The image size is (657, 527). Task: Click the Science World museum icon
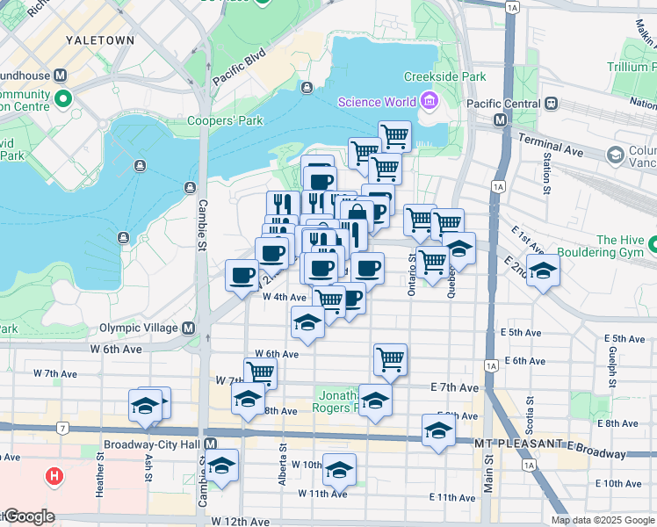pyautogui.click(x=430, y=102)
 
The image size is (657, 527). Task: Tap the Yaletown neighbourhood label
pyautogui.click(x=100, y=40)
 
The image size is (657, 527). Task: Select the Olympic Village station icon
pyautogui.click(x=188, y=328)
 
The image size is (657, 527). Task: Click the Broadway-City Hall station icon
pyautogui.click(x=210, y=444)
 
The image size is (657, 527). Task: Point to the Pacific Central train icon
pyautogui.click(x=552, y=103)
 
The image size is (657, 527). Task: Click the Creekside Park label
pyautogui.click(x=444, y=77)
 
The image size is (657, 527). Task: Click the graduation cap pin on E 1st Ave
pyautogui.click(x=544, y=271)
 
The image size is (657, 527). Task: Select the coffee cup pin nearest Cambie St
pyautogui.click(x=242, y=275)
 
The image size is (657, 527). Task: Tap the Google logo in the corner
pyautogui.click(x=28, y=517)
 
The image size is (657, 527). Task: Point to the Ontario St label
pyautogui.click(x=411, y=274)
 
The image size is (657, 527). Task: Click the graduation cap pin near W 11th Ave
pyautogui.click(x=339, y=468)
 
